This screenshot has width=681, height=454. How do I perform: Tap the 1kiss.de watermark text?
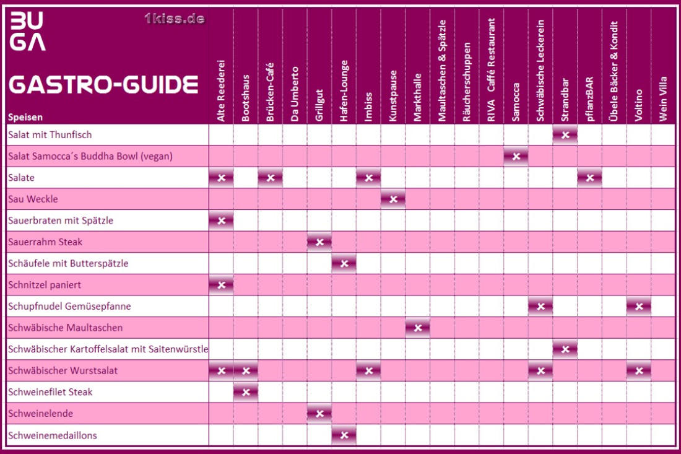(174, 19)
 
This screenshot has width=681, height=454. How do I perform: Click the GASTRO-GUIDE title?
(103, 84)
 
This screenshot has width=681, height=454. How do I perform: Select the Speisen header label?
(25, 117)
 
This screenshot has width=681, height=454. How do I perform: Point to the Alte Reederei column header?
(220, 91)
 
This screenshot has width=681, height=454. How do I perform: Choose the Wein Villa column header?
(663, 99)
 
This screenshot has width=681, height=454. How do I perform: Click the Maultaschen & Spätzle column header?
(442, 71)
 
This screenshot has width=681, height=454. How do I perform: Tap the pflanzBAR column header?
(589, 98)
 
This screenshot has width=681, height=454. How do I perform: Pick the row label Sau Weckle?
(33, 199)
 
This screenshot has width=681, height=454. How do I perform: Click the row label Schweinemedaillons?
(53, 435)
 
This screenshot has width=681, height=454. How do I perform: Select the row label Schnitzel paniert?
(45, 285)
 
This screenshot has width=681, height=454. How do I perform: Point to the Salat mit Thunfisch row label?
(50, 134)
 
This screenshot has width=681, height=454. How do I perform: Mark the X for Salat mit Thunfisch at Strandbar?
(565, 134)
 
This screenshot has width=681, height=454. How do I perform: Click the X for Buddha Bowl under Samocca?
(516, 156)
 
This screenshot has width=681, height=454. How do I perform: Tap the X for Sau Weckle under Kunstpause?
(393, 199)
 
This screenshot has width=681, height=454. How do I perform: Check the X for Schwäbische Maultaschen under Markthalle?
(418, 328)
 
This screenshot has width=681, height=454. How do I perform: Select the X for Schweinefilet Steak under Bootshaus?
(246, 392)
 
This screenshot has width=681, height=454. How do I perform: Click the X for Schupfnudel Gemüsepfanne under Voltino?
(639, 307)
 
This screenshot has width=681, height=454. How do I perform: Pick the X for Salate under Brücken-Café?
(270, 178)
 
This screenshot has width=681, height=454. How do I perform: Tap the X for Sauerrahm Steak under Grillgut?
(319, 242)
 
